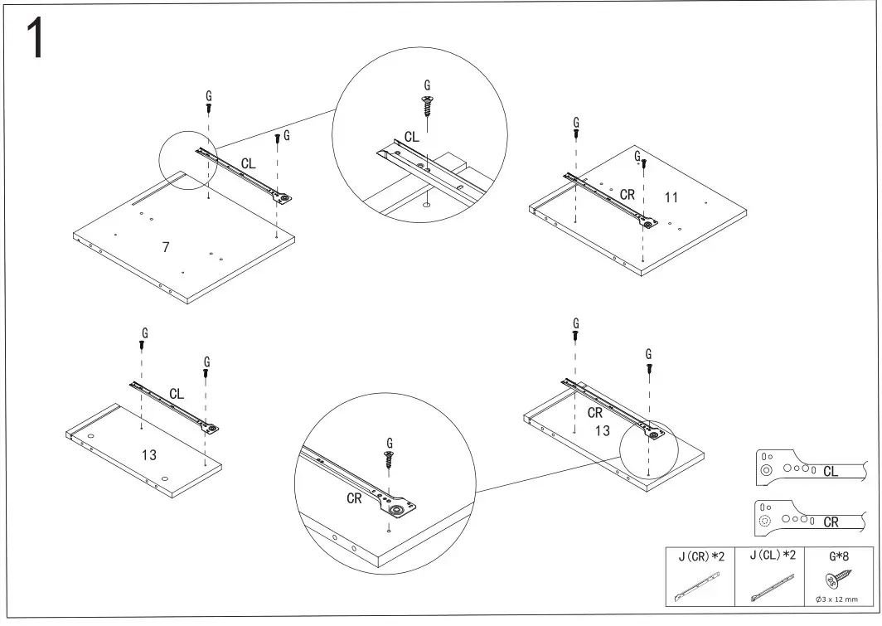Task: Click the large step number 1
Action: [35, 39]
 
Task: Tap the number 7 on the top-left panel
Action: [166, 247]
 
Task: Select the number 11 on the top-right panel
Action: [671, 197]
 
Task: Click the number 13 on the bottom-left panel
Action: [148, 454]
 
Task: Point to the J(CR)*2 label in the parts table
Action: [701, 556]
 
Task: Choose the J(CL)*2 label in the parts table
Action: [773, 556]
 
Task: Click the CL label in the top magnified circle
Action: [411, 137]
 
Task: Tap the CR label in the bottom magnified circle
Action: [354, 498]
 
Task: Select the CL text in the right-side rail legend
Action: [831, 472]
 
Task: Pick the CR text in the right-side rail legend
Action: [831, 522]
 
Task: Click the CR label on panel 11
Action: [628, 195]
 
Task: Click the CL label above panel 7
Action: [248, 164]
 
